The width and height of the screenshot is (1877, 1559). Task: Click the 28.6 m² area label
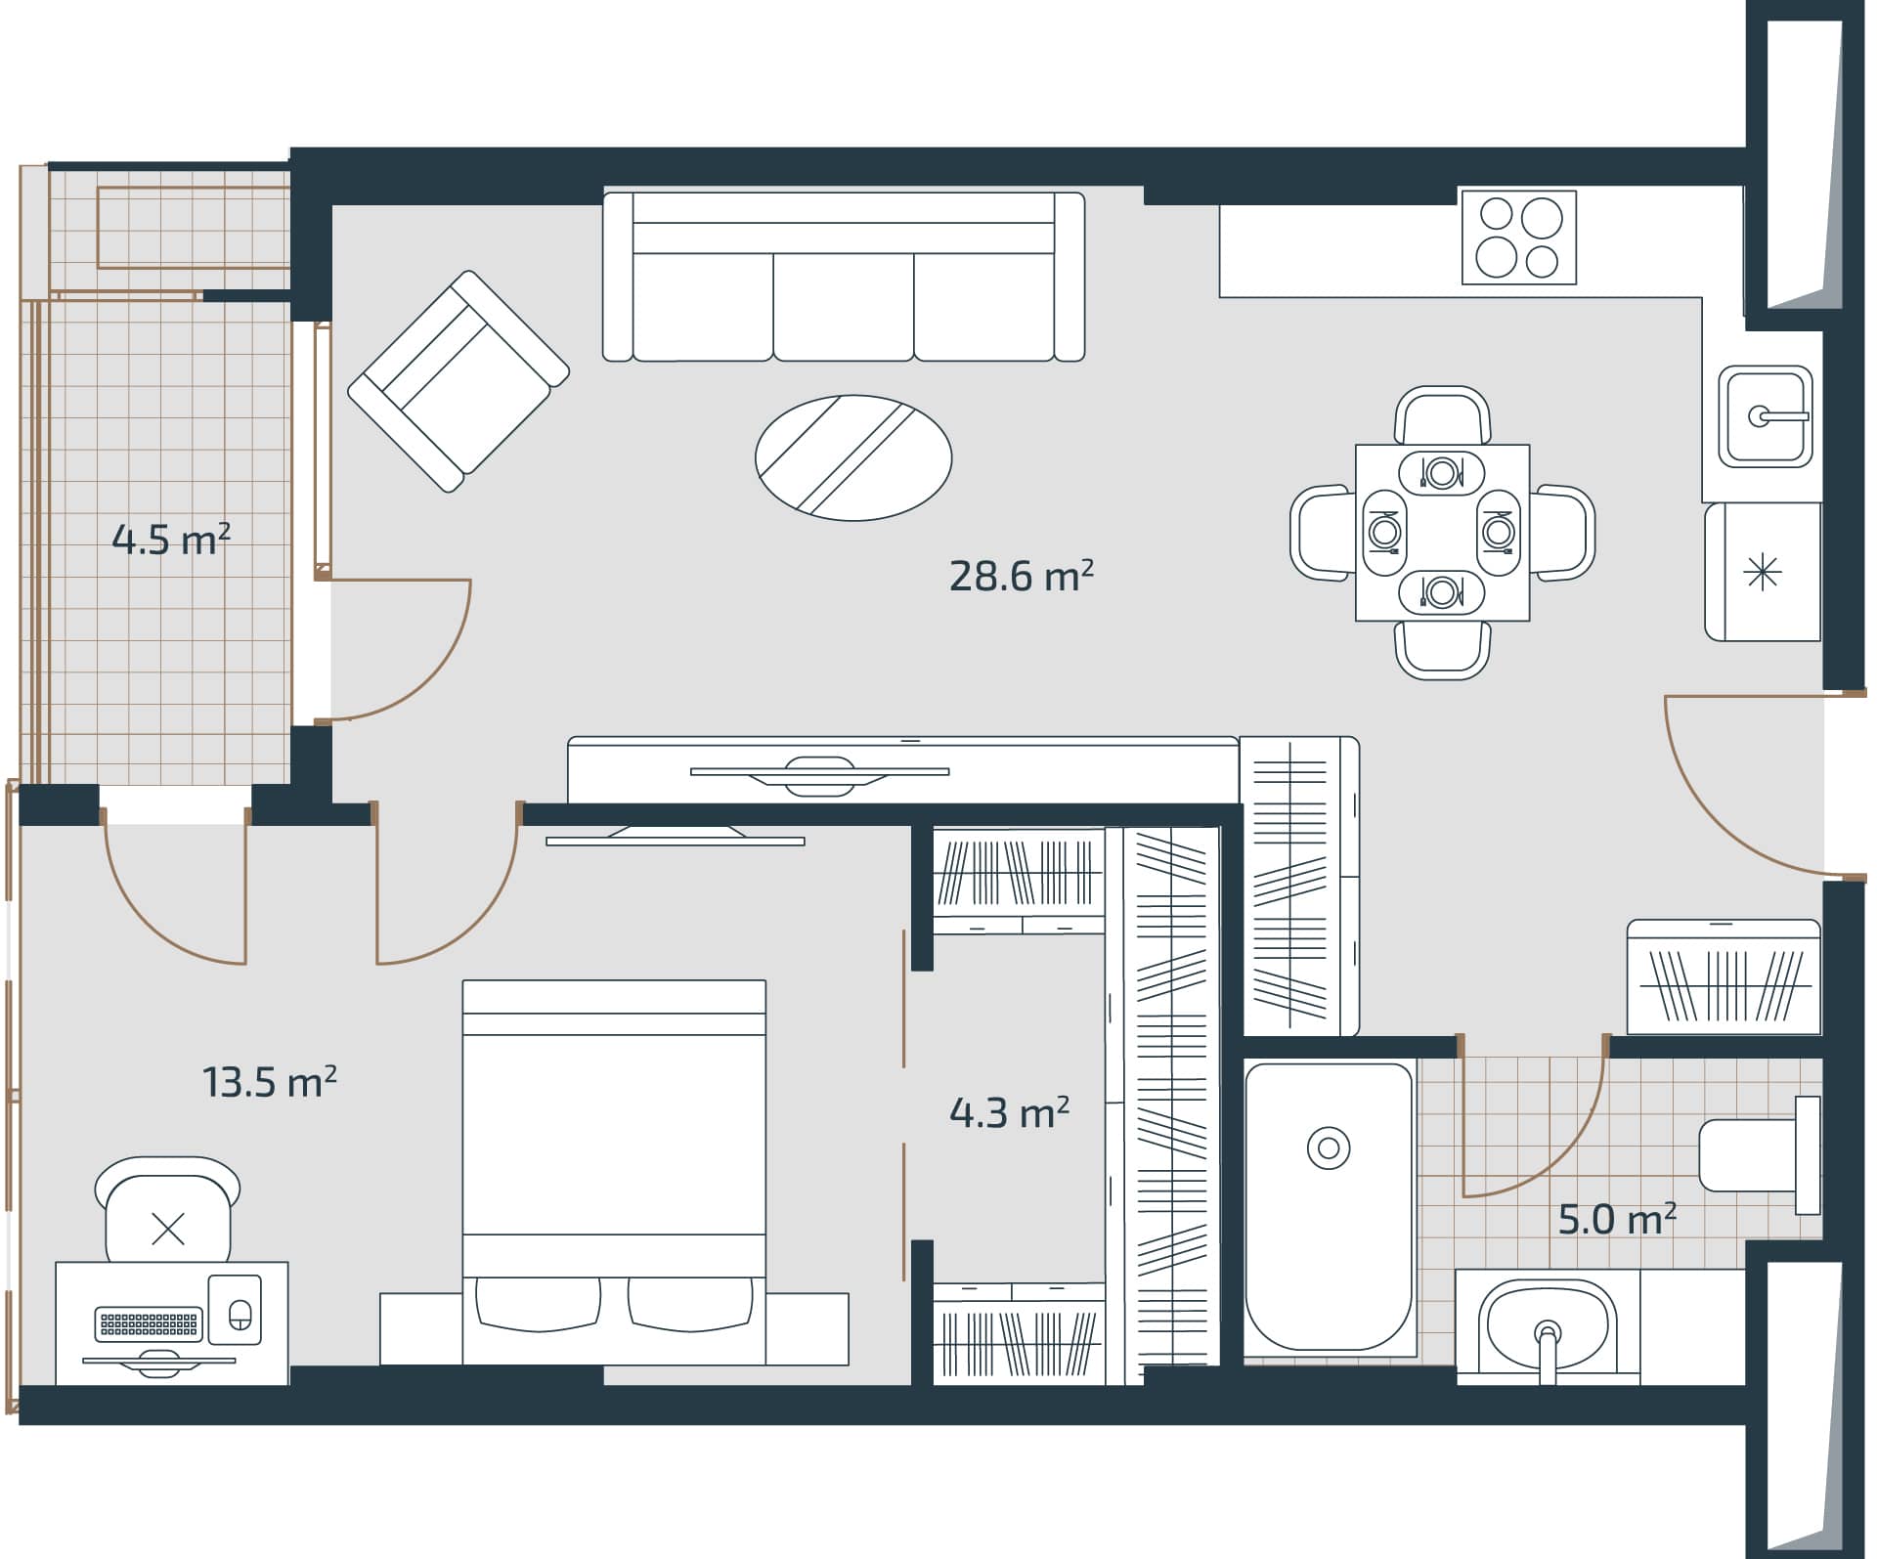(1021, 577)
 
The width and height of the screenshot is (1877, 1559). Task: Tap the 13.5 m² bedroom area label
(270, 1082)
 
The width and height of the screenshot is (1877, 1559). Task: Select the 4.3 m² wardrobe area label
(1009, 1112)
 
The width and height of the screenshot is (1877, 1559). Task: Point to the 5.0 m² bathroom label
(1617, 1220)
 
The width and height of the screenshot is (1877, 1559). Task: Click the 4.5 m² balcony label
(171, 540)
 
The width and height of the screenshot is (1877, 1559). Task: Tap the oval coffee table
(853, 457)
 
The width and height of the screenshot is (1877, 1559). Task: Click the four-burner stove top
(1518, 238)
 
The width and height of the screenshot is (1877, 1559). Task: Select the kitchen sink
(1765, 417)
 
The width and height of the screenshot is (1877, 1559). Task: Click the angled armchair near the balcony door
(458, 381)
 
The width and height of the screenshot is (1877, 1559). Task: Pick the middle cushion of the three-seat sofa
(843, 305)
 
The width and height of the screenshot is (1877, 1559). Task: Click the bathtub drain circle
(1329, 1148)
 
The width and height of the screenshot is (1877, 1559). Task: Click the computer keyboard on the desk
(150, 1324)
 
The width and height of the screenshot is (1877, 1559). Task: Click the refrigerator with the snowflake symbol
(1762, 572)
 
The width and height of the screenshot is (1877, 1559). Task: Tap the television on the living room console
(819, 772)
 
